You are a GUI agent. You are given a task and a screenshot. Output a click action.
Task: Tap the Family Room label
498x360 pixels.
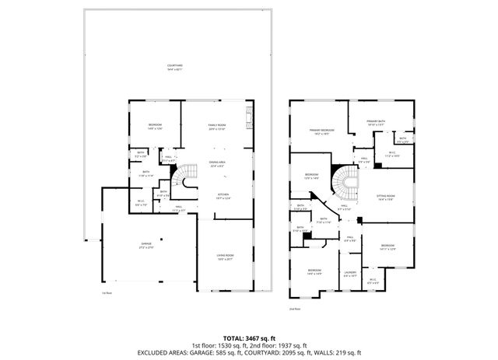click(x=216, y=127)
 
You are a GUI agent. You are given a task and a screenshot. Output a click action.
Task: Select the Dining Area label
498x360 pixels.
click(x=216, y=163)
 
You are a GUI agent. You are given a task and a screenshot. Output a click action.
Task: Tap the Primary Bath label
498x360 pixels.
click(x=376, y=123)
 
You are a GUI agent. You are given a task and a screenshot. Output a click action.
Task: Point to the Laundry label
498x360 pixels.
click(x=350, y=273)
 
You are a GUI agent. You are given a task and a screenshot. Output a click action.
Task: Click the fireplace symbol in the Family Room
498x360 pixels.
click(x=250, y=119)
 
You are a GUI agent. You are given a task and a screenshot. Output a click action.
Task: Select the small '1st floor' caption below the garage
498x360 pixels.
click(x=107, y=293)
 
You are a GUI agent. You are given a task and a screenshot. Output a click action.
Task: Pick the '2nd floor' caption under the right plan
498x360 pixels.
click(x=294, y=309)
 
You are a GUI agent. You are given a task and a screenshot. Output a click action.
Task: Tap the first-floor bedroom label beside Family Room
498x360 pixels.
click(x=156, y=127)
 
